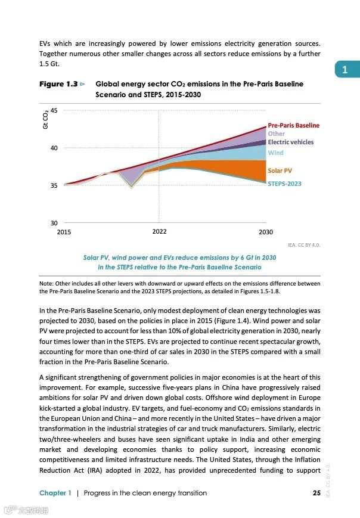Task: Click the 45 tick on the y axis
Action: tap(54, 110)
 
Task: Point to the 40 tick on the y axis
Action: tap(54, 148)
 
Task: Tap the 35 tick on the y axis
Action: tap(54, 185)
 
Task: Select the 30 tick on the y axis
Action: tap(54, 222)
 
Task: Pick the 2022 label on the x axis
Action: tap(159, 231)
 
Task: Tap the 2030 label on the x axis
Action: tap(265, 231)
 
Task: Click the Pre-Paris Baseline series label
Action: tap(293, 125)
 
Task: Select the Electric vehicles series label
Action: tap(290, 142)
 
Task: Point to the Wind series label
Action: tap(275, 153)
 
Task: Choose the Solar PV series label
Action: tap(280, 171)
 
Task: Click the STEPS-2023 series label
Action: tap(284, 184)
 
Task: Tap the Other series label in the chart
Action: tap(276, 134)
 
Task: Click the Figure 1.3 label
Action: tap(58, 84)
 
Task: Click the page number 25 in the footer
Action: tap(316, 493)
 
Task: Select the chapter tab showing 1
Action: tap(345, 70)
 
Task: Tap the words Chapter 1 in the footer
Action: tap(55, 493)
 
